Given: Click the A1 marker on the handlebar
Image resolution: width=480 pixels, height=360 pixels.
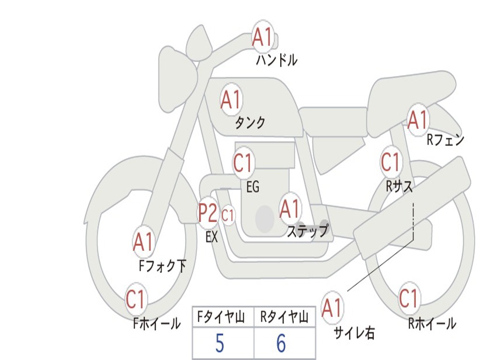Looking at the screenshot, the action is pyautogui.click(x=262, y=37).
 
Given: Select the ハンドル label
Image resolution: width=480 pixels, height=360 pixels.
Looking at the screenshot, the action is pyautogui.click(x=277, y=60).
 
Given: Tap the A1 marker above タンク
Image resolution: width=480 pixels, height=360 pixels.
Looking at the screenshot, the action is pyautogui.click(x=231, y=99).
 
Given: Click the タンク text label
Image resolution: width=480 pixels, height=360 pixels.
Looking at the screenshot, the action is pyautogui.click(x=250, y=122).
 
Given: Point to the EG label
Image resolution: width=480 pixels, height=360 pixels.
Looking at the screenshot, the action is pyautogui.click(x=253, y=187).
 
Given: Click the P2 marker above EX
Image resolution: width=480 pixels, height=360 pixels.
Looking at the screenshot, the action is pyautogui.click(x=208, y=213).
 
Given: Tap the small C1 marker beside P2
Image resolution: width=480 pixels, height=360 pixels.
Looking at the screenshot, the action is pyautogui.click(x=228, y=215).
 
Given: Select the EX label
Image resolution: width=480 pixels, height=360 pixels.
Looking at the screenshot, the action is pyautogui.click(x=211, y=237).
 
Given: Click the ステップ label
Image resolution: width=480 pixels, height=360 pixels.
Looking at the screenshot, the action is pyautogui.click(x=307, y=231).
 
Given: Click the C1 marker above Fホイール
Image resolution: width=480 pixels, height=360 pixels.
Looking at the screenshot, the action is pyautogui.click(x=135, y=299).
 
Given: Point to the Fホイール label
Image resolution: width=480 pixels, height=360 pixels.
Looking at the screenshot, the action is pyautogui.click(x=157, y=323).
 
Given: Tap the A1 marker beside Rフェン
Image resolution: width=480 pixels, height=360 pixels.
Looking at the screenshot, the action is pyautogui.click(x=418, y=120).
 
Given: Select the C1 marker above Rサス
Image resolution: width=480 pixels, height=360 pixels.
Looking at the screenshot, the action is pyautogui.click(x=391, y=162).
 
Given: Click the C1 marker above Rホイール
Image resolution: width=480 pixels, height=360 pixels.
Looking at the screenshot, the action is pyautogui.click(x=409, y=298).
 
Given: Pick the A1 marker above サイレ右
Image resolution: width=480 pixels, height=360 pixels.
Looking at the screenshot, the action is pyautogui.click(x=332, y=307).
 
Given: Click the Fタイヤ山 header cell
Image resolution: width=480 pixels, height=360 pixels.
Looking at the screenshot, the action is pyautogui.click(x=223, y=317).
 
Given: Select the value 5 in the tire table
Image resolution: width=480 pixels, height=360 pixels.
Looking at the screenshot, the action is pyautogui.click(x=219, y=343).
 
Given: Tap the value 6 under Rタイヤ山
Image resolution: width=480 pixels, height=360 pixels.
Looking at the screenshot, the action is pyautogui.click(x=281, y=343).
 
